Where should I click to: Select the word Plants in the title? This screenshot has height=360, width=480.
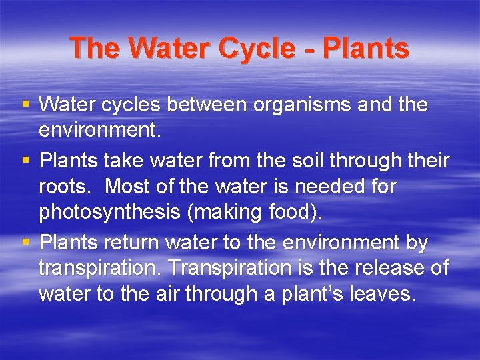click(x=365, y=48)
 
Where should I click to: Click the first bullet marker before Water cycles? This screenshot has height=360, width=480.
click(x=25, y=105)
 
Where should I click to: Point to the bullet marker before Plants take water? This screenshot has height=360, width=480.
click(x=25, y=161)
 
